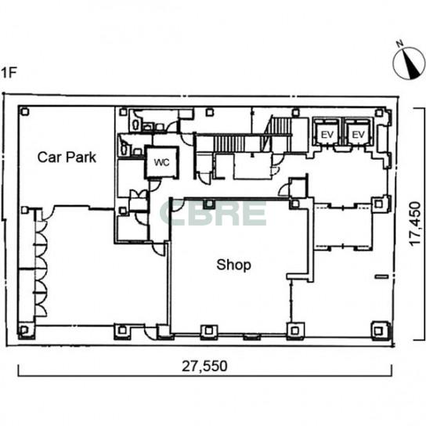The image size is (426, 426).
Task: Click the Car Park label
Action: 67,157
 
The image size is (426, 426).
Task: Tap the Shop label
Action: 233,265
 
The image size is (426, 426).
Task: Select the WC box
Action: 161,162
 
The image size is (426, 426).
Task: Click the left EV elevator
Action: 327,134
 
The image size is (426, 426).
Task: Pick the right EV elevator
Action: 358,134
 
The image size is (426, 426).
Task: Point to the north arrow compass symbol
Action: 409,63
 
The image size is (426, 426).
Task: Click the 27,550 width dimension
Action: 204,366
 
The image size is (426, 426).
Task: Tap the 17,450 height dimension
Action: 415,224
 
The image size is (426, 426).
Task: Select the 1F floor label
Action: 9,73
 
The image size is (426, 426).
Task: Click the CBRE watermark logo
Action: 213,214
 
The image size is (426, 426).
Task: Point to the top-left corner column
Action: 25,112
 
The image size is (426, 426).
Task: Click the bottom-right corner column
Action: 378,330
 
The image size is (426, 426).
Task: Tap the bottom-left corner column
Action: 24,330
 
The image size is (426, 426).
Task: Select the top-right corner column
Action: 379,113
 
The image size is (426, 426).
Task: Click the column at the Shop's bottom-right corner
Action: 294,330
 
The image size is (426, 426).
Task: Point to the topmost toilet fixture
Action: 135,125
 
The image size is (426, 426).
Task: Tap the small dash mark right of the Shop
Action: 381,276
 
